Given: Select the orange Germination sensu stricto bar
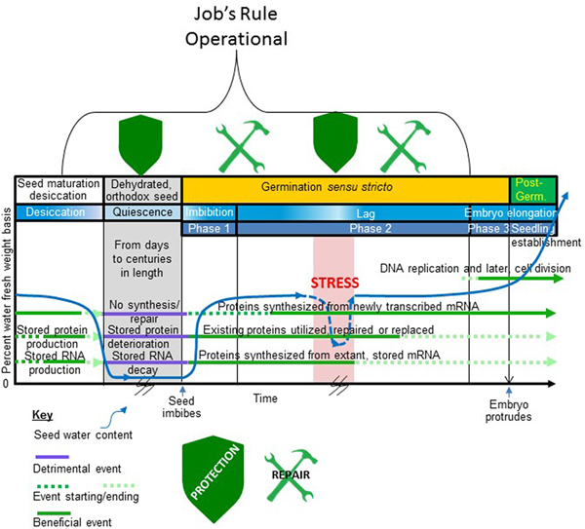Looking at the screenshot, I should pyautogui.click(x=345, y=185).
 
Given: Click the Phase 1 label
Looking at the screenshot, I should pyautogui.click(x=209, y=229).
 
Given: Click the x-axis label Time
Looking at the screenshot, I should pyautogui.click(x=265, y=398).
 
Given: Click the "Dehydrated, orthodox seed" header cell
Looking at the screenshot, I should pyautogui.click(x=142, y=189).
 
